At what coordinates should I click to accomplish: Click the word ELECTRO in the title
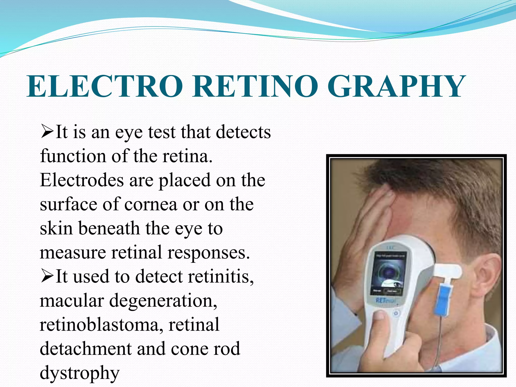click(x=105, y=86)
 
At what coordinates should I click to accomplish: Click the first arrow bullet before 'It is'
click(x=47, y=132)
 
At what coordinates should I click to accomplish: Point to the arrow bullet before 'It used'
click(x=47, y=276)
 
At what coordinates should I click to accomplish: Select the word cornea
click(x=151, y=204)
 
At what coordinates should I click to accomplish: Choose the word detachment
click(x=85, y=349)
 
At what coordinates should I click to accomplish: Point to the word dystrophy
click(x=79, y=373)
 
